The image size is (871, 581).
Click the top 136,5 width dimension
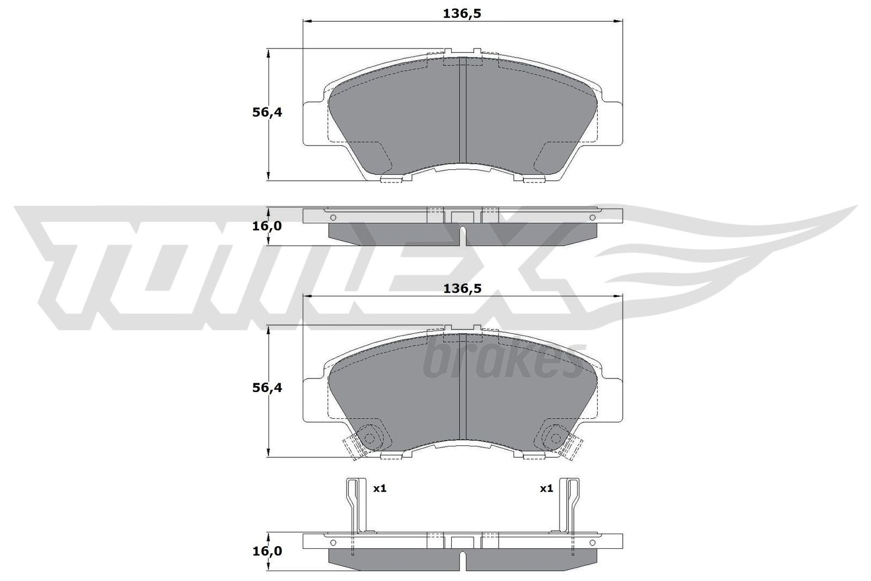462,14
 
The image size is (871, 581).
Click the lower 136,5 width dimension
462,289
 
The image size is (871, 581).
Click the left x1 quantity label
379,488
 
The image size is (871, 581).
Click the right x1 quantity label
546,488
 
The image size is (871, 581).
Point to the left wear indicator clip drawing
356,506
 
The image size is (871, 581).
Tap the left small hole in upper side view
333,218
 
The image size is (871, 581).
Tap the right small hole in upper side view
592,218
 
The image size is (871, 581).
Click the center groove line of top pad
462,114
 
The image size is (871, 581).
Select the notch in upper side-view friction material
462,234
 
